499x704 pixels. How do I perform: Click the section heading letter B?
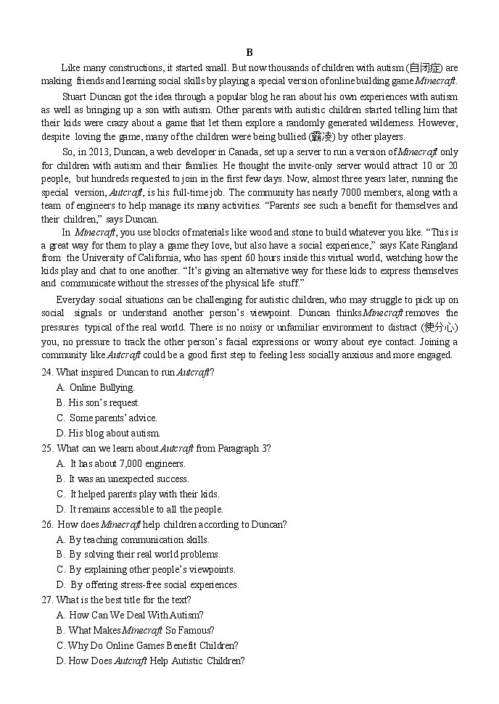(x=249, y=52)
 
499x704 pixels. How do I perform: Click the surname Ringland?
(x=440, y=245)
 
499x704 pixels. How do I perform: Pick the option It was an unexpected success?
(x=123, y=479)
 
